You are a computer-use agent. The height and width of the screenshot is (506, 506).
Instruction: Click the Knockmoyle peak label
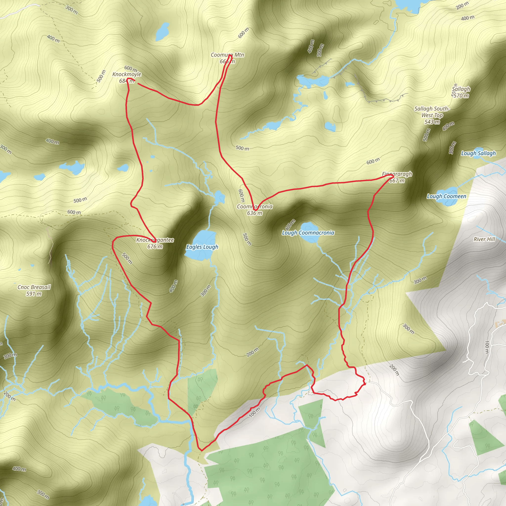tap(127, 78)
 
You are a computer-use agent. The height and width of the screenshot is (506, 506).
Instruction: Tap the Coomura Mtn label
tap(227, 58)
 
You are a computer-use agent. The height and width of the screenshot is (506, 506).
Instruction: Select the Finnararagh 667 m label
tap(397, 177)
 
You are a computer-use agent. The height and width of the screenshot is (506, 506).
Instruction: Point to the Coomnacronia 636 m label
tap(254, 210)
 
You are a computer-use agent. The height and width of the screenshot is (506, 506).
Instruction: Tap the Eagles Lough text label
tap(202, 247)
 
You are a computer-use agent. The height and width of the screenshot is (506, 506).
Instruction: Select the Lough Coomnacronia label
tap(308, 233)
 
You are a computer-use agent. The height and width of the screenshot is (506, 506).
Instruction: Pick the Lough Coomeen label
tap(446, 196)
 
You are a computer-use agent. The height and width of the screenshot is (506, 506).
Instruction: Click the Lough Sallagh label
tap(478, 153)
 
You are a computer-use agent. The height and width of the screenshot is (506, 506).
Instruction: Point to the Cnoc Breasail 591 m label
tap(34, 291)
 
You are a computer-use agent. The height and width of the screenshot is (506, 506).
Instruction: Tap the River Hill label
tap(484, 239)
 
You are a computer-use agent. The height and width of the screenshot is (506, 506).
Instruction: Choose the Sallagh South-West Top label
tap(432, 115)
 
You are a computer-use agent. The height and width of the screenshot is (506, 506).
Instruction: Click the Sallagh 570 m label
tap(461, 92)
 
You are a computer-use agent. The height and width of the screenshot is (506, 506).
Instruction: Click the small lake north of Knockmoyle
tap(162, 31)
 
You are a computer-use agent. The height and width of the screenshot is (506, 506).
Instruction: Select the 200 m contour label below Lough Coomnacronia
tap(253, 352)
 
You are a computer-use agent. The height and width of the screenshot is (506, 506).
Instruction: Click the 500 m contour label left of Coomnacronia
tap(247, 239)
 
